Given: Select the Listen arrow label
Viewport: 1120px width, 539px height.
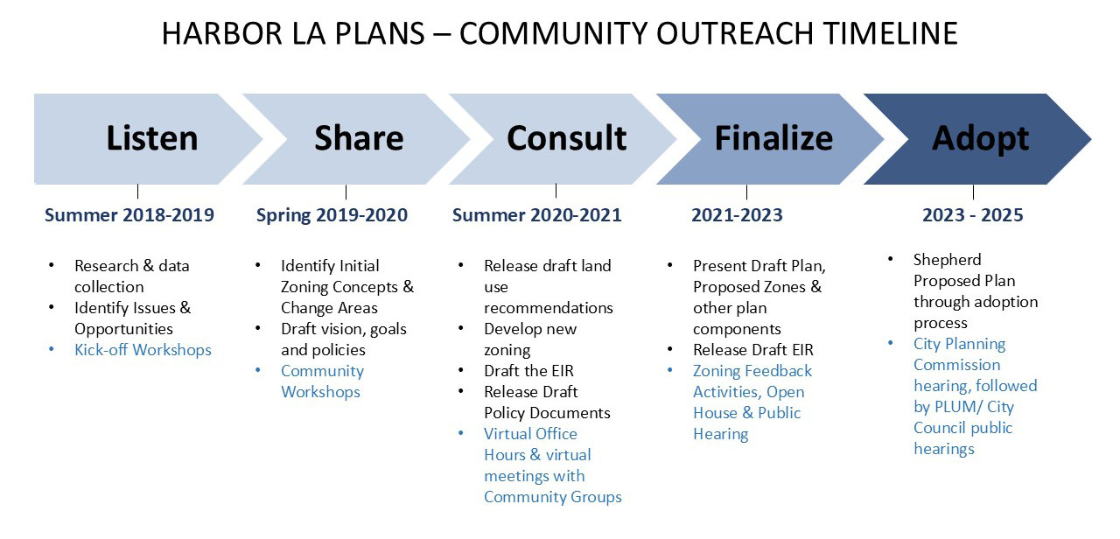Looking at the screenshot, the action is (152, 138).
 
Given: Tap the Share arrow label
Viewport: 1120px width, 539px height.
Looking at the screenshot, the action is (359, 138).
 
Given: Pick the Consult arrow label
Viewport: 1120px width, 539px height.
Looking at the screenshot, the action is (566, 138).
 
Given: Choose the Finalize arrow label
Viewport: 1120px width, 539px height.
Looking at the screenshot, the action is (773, 138).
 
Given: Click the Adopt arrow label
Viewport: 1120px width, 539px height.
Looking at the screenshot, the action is (981, 139).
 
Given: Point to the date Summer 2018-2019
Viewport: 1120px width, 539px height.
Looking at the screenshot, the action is (129, 215).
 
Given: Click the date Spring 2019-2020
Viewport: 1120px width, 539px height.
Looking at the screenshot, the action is (332, 215).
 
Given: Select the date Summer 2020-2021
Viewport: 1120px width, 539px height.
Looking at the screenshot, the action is (536, 215).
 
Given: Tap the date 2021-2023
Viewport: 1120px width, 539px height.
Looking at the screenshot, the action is (737, 215).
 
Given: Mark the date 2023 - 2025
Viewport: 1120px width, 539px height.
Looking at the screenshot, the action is (973, 215).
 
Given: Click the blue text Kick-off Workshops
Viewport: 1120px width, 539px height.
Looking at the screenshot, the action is (143, 349).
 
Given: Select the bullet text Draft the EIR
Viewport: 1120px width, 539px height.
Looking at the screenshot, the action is (528, 370).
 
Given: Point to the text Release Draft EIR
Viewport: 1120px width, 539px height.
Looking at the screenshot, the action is (753, 349).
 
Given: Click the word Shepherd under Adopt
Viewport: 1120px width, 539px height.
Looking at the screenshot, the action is (947, 260).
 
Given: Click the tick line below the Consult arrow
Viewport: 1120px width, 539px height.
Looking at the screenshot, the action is (556, 191).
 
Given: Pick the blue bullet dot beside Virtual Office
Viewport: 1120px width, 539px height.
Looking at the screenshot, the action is (461, 433).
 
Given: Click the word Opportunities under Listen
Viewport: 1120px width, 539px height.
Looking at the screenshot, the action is (123, 329).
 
